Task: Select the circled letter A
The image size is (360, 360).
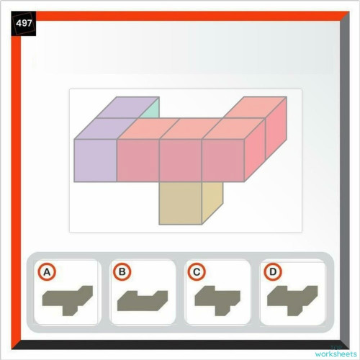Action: pos(47,272)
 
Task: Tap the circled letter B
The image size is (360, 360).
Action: pos(123,272)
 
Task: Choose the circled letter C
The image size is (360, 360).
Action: pos(197,272)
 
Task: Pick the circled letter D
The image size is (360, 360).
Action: pos(272,272)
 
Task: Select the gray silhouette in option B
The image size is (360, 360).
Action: pos(143,299)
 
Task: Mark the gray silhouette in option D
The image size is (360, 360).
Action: pos(292,298)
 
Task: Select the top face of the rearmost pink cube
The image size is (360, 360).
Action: pos(256,107)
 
